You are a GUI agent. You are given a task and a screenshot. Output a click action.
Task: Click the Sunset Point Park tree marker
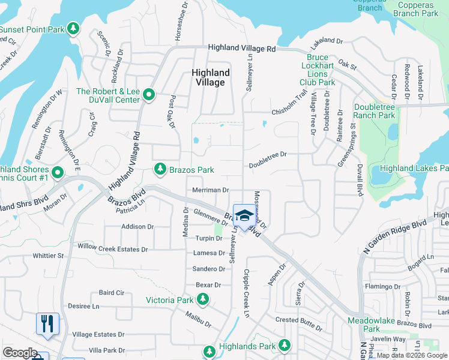pyautogui.click(x=73, y=29)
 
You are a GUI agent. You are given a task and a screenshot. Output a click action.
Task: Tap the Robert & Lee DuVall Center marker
pyautogui.click(x=148, y=95)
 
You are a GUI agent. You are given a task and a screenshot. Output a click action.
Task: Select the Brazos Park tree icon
pyautogui.click(x=160, y=170)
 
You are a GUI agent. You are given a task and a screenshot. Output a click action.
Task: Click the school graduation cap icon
pyautogui.click(x=244, y=215)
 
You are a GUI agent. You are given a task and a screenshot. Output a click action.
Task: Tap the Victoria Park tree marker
pyautogui.click(x=203, y=299)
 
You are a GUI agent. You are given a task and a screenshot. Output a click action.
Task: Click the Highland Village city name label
pyautogui.click(x=210, y=77)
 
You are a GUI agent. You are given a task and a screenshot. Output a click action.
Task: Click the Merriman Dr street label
pyautogui.click(x=210, y=190)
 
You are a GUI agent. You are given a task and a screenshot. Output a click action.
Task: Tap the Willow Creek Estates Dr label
pyautogui.click(x=112, y=248)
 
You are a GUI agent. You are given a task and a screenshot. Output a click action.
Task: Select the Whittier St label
pyautogui.click(x=49, y=256)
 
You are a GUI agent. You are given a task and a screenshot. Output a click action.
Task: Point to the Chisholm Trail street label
pyautogui.click(x=289, y=103)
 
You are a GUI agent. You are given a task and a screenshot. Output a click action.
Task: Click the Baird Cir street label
pyautogui.click(x=112, y=293)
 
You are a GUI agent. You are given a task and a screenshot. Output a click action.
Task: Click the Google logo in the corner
pyautogui.click(x=20, y=353)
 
